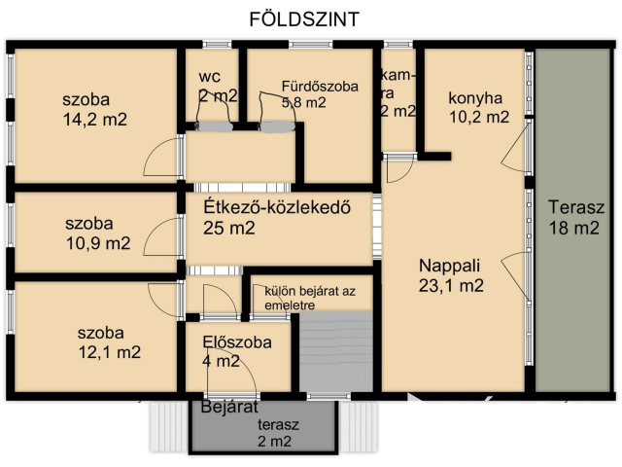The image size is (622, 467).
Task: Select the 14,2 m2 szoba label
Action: (x=95, y=109)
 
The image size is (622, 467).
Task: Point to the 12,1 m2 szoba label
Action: (x=109, y=342)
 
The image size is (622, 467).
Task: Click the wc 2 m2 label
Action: (x=217, y=86)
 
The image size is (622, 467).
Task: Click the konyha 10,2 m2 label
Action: (x=477, y=107)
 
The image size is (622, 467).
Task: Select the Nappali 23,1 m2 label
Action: (x=451, y=275)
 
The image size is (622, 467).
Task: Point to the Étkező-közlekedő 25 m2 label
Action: (x=276, y=218)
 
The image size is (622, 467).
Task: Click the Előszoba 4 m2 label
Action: (x=235, y=351)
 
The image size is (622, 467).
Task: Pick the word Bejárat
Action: (x=227, y=407)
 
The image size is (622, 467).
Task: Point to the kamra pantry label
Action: (x=398, y=93)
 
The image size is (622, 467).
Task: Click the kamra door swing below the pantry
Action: (x=398, y=169)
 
